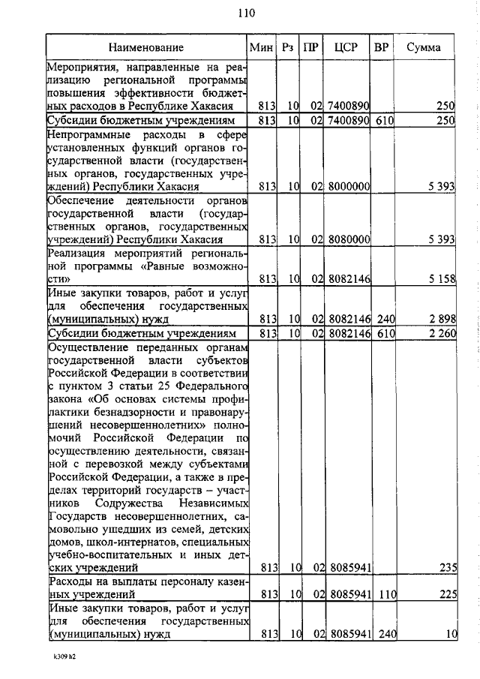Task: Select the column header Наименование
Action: (149, 47)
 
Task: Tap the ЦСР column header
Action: (346, 47)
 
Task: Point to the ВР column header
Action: (381, 47)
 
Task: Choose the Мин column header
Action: (260, 47)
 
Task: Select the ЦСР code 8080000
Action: (348, 239)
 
